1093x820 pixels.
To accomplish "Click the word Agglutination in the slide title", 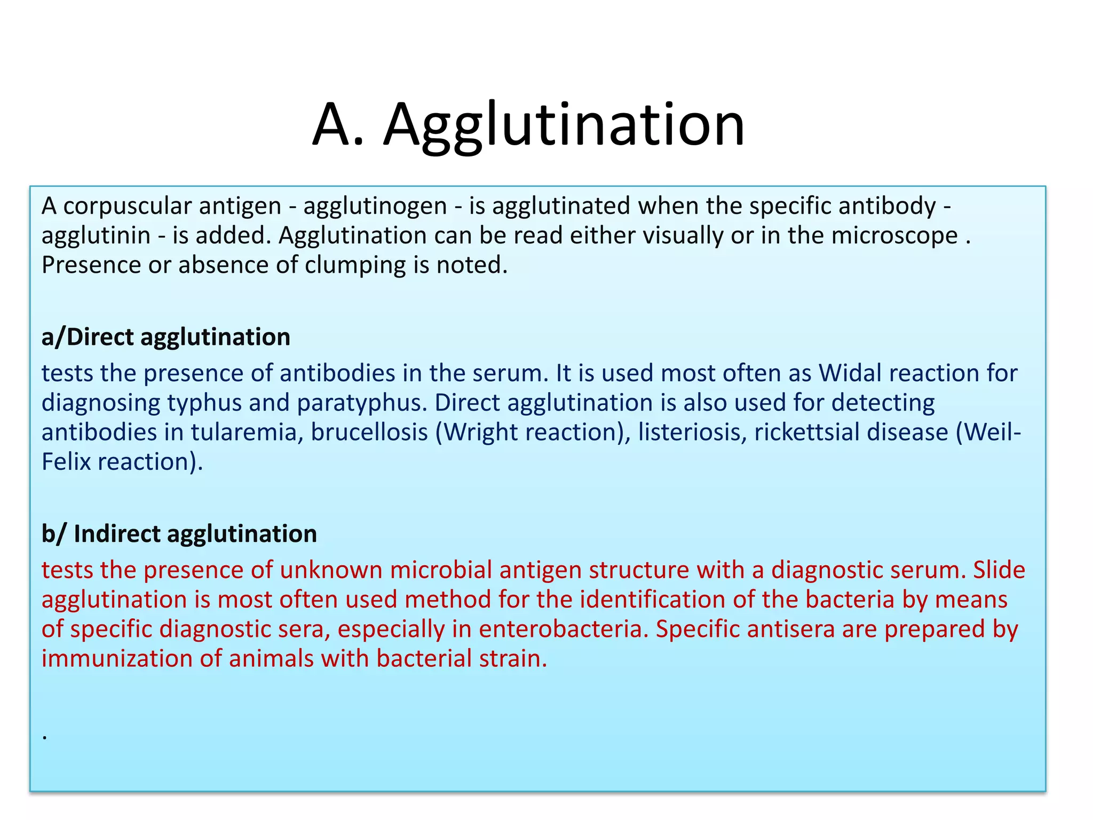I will point(564,126).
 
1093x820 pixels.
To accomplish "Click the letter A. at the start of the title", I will point(338,126).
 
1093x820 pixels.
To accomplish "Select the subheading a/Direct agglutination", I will point(166,337).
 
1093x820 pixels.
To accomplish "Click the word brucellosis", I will point(369,432).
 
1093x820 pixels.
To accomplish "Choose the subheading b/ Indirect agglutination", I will point(179,534).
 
